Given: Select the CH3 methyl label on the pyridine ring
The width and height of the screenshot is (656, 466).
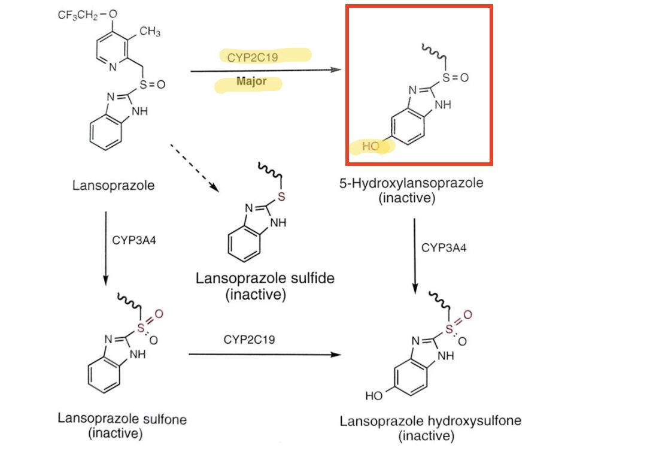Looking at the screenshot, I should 150,32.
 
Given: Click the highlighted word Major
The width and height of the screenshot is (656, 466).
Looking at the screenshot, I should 251,81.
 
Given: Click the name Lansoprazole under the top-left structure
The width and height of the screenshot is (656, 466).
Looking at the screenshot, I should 113,185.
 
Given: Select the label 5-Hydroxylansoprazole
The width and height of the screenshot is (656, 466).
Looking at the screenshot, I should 411,183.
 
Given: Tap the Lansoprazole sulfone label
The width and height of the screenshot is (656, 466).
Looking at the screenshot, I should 122,419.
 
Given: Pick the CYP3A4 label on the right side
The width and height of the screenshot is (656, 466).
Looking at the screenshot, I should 444,247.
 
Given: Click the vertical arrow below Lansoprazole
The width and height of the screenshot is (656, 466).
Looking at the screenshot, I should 105,246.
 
